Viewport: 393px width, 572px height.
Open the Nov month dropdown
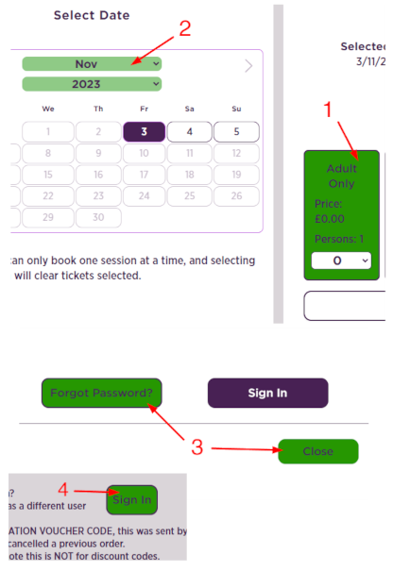coord(92,64)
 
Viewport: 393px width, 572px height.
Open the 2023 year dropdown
coord(92,84)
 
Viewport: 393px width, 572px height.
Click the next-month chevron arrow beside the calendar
coord(248,66)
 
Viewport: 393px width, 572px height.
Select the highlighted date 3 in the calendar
coord(144,131)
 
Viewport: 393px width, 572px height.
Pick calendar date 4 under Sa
coord(190,131)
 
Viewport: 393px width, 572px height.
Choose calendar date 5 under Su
coord(236,131)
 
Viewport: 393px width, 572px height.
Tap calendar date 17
coord(144,175)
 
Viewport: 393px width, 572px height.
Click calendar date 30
coord(97,217)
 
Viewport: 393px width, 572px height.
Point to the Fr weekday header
coord(144,109)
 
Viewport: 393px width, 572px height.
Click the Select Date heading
coord(92,16)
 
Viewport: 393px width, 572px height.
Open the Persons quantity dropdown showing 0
coord(341,261)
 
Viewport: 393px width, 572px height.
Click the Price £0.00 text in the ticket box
coord(330,210)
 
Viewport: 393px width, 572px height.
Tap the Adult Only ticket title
coord(341,177)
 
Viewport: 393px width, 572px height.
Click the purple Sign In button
coord(267,393)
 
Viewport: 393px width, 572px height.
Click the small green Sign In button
coord(132,500)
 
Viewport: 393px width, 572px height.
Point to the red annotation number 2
coord(185,28)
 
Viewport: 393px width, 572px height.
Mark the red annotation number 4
coord(62,490)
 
